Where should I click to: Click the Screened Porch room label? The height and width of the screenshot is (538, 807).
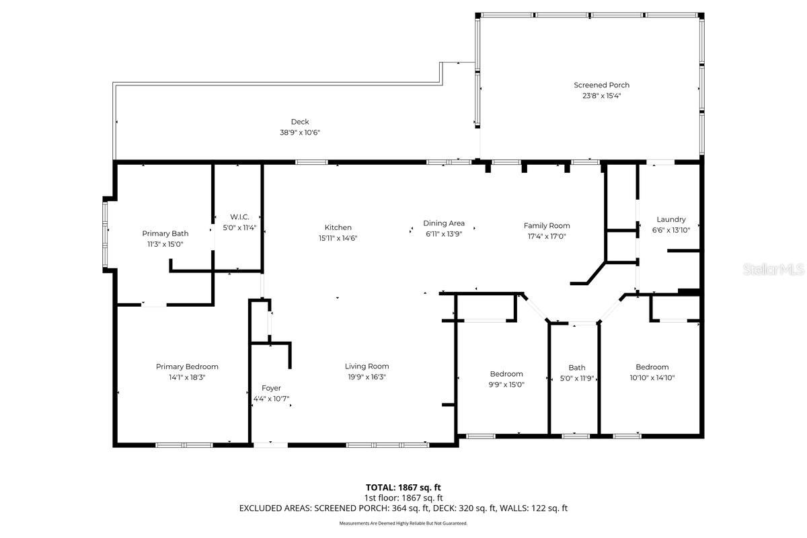[x=601, y=85]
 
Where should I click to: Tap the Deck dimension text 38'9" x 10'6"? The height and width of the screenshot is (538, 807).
[x=300, y=132]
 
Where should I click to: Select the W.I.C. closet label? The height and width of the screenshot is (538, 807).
[x=239, y=217]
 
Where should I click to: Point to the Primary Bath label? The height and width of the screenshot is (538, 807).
[x=165, y=233]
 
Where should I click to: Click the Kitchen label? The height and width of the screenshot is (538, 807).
[x=338, y=227]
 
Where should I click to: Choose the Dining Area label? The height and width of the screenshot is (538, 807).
[x=444, y=223]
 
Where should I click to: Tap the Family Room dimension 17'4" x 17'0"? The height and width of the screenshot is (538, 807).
[x=547, y=236]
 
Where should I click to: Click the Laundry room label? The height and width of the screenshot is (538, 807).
[x=671, y=219]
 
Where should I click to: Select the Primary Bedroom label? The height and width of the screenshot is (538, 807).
[x=187, y=367]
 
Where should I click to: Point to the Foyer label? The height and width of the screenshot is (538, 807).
[x=271, y=388]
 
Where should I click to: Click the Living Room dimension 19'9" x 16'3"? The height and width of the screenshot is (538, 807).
[x=367, y=377]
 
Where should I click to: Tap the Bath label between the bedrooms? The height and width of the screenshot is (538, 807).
[x=577, y=367]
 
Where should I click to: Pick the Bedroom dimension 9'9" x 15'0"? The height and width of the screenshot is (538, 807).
[x=506, y=385]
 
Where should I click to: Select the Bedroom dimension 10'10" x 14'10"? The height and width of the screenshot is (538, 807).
[x=652, y=377]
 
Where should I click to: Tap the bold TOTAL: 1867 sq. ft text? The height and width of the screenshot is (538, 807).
[x=403, y=487]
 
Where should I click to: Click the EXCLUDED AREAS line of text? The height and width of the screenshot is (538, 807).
[x=403, y=508]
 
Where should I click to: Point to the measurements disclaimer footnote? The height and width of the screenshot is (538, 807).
[x=403, y=523]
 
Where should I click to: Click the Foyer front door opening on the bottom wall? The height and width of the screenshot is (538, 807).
[x=270, y=444]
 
